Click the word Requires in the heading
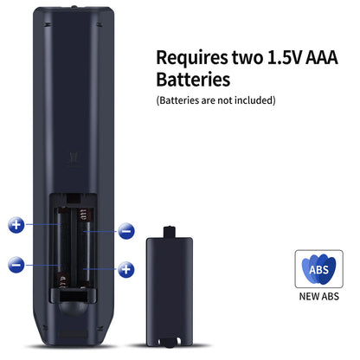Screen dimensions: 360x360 (192, 58)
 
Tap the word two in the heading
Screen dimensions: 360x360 (247, 57)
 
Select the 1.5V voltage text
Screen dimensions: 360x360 (285, 57)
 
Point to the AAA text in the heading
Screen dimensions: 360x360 (321, 57)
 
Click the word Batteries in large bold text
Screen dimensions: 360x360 (193, 80)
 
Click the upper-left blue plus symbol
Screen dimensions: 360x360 (16, 225)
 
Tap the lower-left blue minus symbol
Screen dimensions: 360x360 (16, 265)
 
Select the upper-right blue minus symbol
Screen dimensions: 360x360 (126, 231)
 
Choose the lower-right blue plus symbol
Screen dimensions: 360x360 (126, 269)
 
